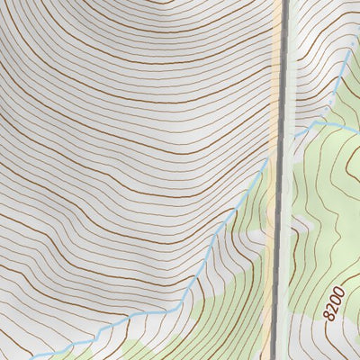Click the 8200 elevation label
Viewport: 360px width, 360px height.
click(x=334, y=303)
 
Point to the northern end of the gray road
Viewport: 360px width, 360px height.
click(x=287, y=3)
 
